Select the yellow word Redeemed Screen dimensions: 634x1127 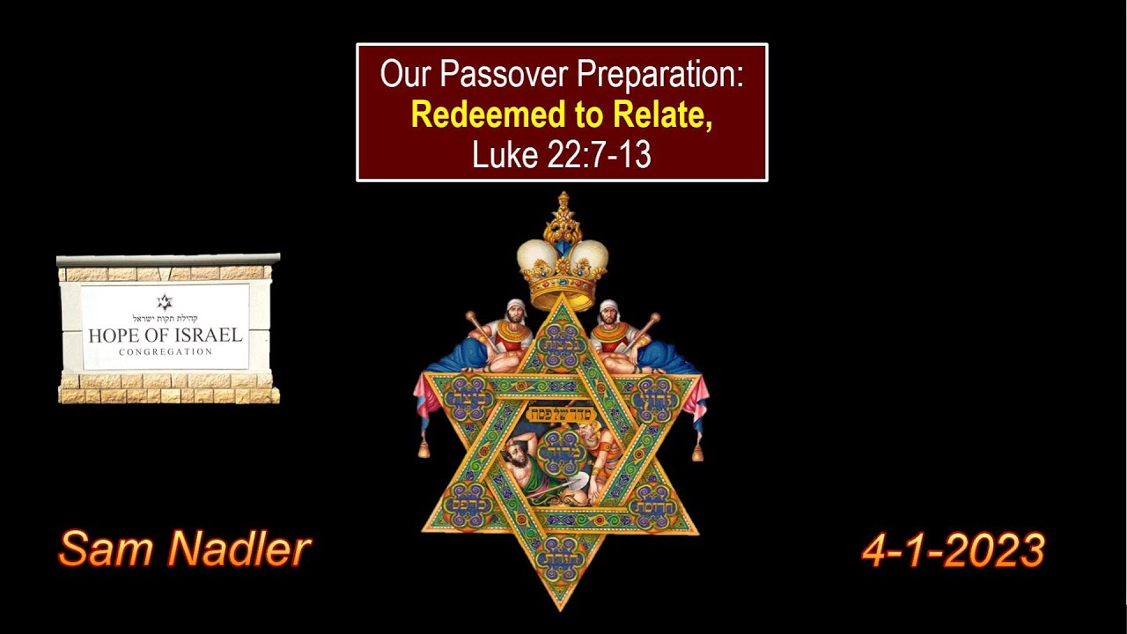click(x=473, y=114)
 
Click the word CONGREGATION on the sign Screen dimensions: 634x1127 click(x=166, y=351)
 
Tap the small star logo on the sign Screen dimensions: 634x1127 click(x=166, y=302)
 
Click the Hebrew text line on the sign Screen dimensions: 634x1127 click(x=166, y=318)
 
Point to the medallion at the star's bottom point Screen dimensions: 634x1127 click(x=561, y=555)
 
